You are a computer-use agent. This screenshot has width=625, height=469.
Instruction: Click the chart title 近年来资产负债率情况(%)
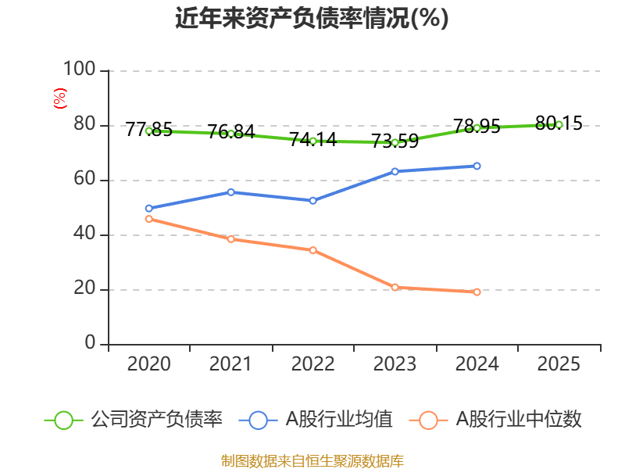[x=312, y=19]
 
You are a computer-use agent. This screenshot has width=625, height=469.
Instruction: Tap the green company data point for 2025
[x=559, y=124]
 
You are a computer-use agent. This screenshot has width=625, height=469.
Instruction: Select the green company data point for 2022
[x=312, y=141]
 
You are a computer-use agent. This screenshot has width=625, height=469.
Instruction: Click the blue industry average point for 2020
[x=148, y=209]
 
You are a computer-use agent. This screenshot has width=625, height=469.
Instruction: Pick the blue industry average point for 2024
[x=477, y=166]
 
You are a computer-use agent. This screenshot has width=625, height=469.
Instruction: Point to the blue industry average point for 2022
[x=312, y=201]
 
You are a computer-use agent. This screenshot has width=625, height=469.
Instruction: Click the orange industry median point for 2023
[x=395, y=288]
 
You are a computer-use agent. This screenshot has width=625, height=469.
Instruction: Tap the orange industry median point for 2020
[x=148, y=219]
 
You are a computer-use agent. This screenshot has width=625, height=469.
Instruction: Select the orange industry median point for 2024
[x=477, y=292]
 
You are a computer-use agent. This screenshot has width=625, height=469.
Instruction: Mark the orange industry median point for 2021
[x=230, y=239]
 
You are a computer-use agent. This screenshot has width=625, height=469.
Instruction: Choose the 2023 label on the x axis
[x=395, y=364]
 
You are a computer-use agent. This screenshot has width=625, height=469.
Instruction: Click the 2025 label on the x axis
[x=559, y=364]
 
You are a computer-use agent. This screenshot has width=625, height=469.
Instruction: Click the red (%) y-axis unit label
[x=59, y=98]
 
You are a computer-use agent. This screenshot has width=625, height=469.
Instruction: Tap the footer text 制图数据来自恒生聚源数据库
[x=312, y=460]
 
